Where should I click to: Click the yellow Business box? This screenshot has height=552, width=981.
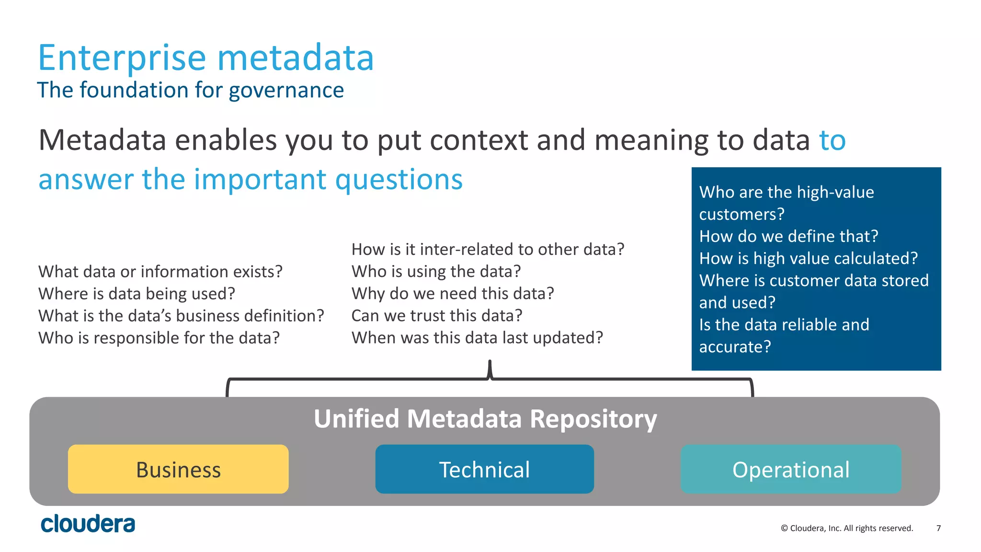tap(178, 469)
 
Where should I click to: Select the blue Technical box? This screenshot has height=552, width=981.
tap(484, 469)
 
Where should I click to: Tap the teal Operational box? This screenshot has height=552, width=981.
tap(791, 469)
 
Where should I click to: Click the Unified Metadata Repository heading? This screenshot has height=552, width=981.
tap(485, 418)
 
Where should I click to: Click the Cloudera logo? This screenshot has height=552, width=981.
tap(88, 524)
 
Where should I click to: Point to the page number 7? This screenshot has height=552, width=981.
tap(938, 528)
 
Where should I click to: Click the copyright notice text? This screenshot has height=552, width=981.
tap(847, 528)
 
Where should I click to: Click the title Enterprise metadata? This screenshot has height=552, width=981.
tap(205, 58)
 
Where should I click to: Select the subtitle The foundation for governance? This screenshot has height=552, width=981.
tap(190, 90)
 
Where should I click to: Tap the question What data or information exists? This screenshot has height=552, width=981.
tap(160, 272)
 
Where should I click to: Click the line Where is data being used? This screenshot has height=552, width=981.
tap(137, 294)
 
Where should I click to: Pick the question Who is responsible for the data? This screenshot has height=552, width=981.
tap(159, 338)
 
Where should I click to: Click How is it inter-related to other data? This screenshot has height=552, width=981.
tap(488, 249)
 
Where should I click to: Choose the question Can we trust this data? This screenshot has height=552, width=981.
tap(436, 316)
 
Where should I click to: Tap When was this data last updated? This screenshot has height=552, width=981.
tap(477, 338)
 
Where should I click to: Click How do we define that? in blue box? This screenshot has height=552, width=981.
tap(788, 236)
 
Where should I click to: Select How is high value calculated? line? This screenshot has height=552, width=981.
tap(808, 258)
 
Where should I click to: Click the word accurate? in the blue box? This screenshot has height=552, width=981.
tap(735, 346)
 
